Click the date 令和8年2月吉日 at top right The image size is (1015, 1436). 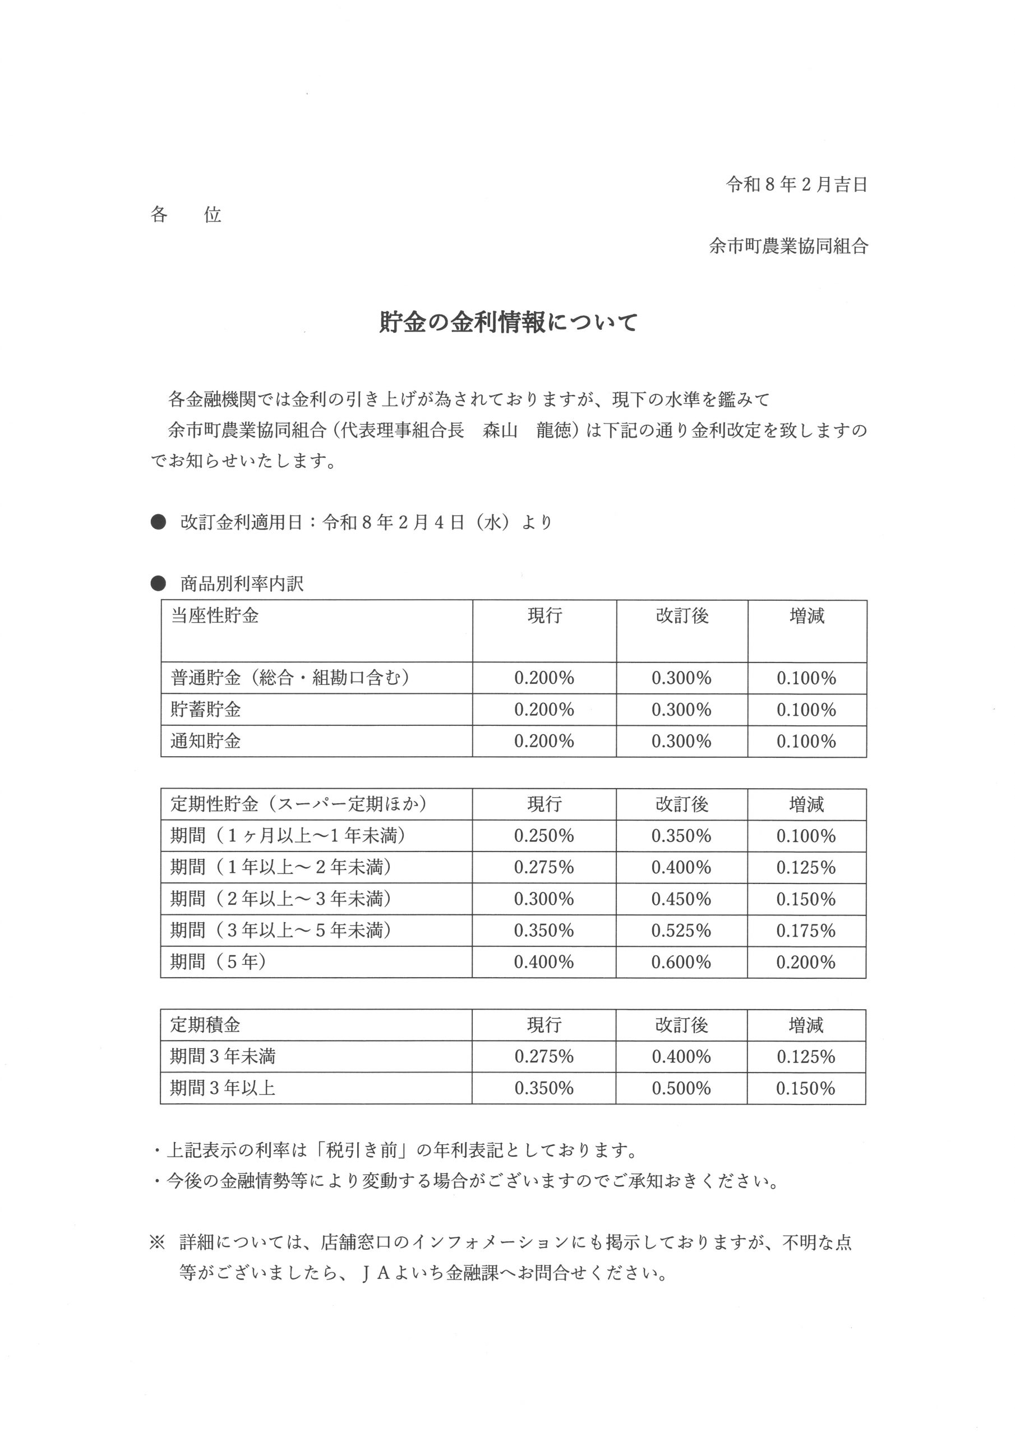pyautogui.click(x=796, y=185)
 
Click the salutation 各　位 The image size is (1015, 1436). pyautogui.click(x=186, y=215)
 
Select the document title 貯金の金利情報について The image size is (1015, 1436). pyautogui.click(x=508, y=323)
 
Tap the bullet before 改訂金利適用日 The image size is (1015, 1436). pyautogui.click(x=158, y=522)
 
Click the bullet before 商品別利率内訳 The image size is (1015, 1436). pyautogui.click(x=158, y=583)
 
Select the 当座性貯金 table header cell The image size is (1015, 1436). pyautogui.click(x=215, y=616)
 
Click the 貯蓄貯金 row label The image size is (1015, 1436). pyautogui.click(x=206, y=710)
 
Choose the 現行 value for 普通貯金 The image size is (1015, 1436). pyautogui.click(x=543, y=678)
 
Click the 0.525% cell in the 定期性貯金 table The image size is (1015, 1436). pyautogui.click(x=681, y=931)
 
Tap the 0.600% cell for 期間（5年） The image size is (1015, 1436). pyautogui.click(x=681, y=962)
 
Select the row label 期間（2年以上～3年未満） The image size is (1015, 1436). pyautogui.click(x=281, y=899)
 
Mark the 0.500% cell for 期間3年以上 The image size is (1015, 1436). pyautogui.click(x=681, y=1088)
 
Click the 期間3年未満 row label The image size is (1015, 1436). pyautogui.click(x=223, y=1056)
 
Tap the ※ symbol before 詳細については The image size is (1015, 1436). pyautogui.click(x=156, y=1242)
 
